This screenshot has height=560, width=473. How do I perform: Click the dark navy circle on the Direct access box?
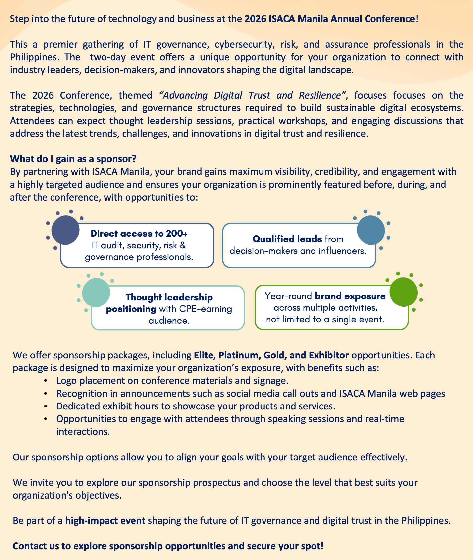pyautogui.click(x=65, y=230)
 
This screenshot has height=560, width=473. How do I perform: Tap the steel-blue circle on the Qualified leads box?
pyautogui.click(x=371, y=230)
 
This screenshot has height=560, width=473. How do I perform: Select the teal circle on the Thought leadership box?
pyautogui.click(x=96, y=293)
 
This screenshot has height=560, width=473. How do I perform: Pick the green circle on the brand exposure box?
pyautogui.click(x=403, y=292)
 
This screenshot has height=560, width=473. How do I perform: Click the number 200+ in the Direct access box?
pyautogui.click(x=176, y=234)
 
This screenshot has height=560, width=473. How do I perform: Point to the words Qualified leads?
pyautogui.click(x=287, y=239)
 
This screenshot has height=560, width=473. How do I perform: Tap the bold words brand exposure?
pyautogui.click(x=350, y=296)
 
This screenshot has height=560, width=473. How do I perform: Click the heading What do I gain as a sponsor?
pyautogui.click(x=73, y=159)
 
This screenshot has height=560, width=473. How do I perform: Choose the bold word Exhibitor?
pyautogui.click(x=329, y=355)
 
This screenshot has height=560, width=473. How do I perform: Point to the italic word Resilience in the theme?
pyautogui.click(x=320, y=96)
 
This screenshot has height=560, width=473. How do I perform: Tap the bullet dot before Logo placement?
pyautogui.click(x=46, y=381)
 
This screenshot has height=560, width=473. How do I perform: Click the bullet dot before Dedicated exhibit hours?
pyautogui.click(x=46, y=407)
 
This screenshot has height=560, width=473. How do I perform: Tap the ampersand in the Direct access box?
pyautogui.click(x=183, y=245)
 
